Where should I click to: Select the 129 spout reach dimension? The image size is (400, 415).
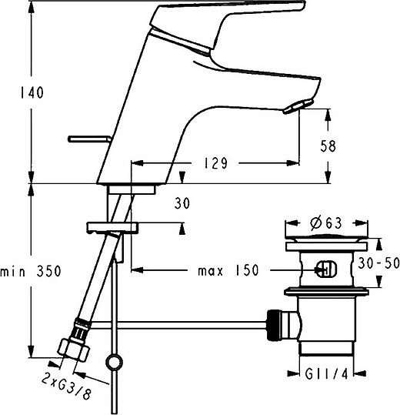pyautogui.click(x=216, y=163)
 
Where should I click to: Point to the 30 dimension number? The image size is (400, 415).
pyautogui.click(x=182, y=203)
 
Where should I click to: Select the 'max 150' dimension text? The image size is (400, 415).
pyautogui.click(x=227, y=271)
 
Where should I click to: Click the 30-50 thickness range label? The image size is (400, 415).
pyautogui.click(x=380, y=262)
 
